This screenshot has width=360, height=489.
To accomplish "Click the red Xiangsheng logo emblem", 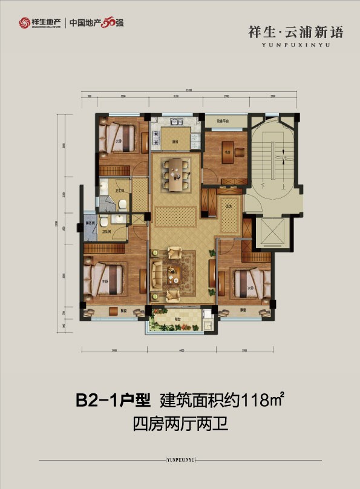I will (24, 23).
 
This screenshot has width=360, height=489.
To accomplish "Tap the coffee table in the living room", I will (175, 272).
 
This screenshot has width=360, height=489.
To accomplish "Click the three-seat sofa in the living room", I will (157, 273).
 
